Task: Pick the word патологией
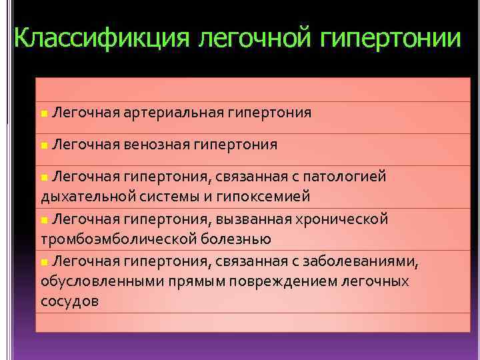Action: (x=345, y=177)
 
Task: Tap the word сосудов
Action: (x=69, y=301)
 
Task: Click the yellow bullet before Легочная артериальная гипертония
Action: (x=43, y=114)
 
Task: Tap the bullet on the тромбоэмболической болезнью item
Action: (x=43, y=220)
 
